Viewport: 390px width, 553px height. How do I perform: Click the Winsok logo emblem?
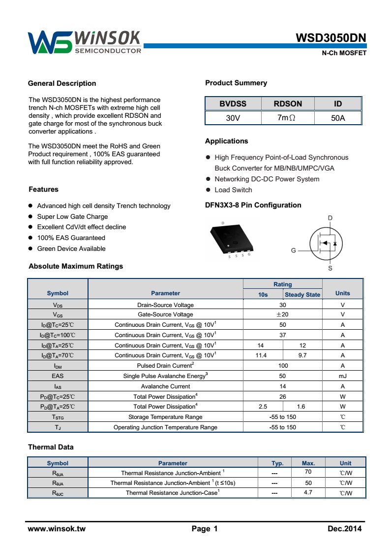(49, 42)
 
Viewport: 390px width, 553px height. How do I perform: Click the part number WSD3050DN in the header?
(330, 39)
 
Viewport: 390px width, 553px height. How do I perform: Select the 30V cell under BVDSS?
(233, 118)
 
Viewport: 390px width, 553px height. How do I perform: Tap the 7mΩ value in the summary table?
(288, 118)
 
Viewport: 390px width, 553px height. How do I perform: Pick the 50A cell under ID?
(338, 118)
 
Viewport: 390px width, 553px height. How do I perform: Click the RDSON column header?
(288, 104)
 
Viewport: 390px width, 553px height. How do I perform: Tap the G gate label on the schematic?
(294, 250)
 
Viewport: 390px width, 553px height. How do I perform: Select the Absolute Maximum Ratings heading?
(76, 266)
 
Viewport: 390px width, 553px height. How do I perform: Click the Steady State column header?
(302, 295)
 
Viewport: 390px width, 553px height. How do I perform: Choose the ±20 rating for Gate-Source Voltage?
(282, 314)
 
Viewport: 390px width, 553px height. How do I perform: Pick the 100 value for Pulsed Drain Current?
(283, 366)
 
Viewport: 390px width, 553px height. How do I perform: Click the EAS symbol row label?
(58, 376)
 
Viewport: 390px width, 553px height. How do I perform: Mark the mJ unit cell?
(342, 376)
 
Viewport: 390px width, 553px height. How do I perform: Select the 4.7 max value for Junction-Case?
(308, 492)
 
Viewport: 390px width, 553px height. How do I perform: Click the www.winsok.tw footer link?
(57, 529)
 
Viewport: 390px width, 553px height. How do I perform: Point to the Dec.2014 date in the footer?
(344, 529)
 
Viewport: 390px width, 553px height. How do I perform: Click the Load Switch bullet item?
(233, 190)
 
